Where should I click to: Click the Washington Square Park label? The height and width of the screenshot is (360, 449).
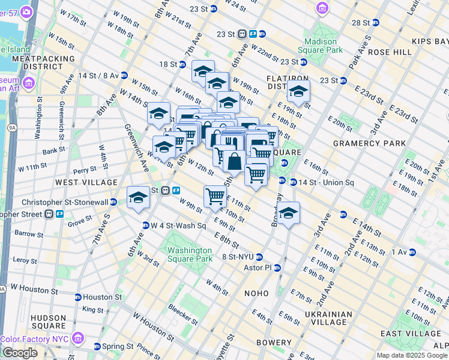point(190,254)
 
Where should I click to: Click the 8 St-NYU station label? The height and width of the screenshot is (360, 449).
point(243,256)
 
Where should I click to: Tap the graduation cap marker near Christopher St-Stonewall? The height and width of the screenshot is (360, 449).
point(138,198)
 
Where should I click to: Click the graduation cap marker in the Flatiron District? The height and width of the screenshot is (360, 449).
point(298,92)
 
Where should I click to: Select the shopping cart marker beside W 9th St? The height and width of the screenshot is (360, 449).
point(215,196)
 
